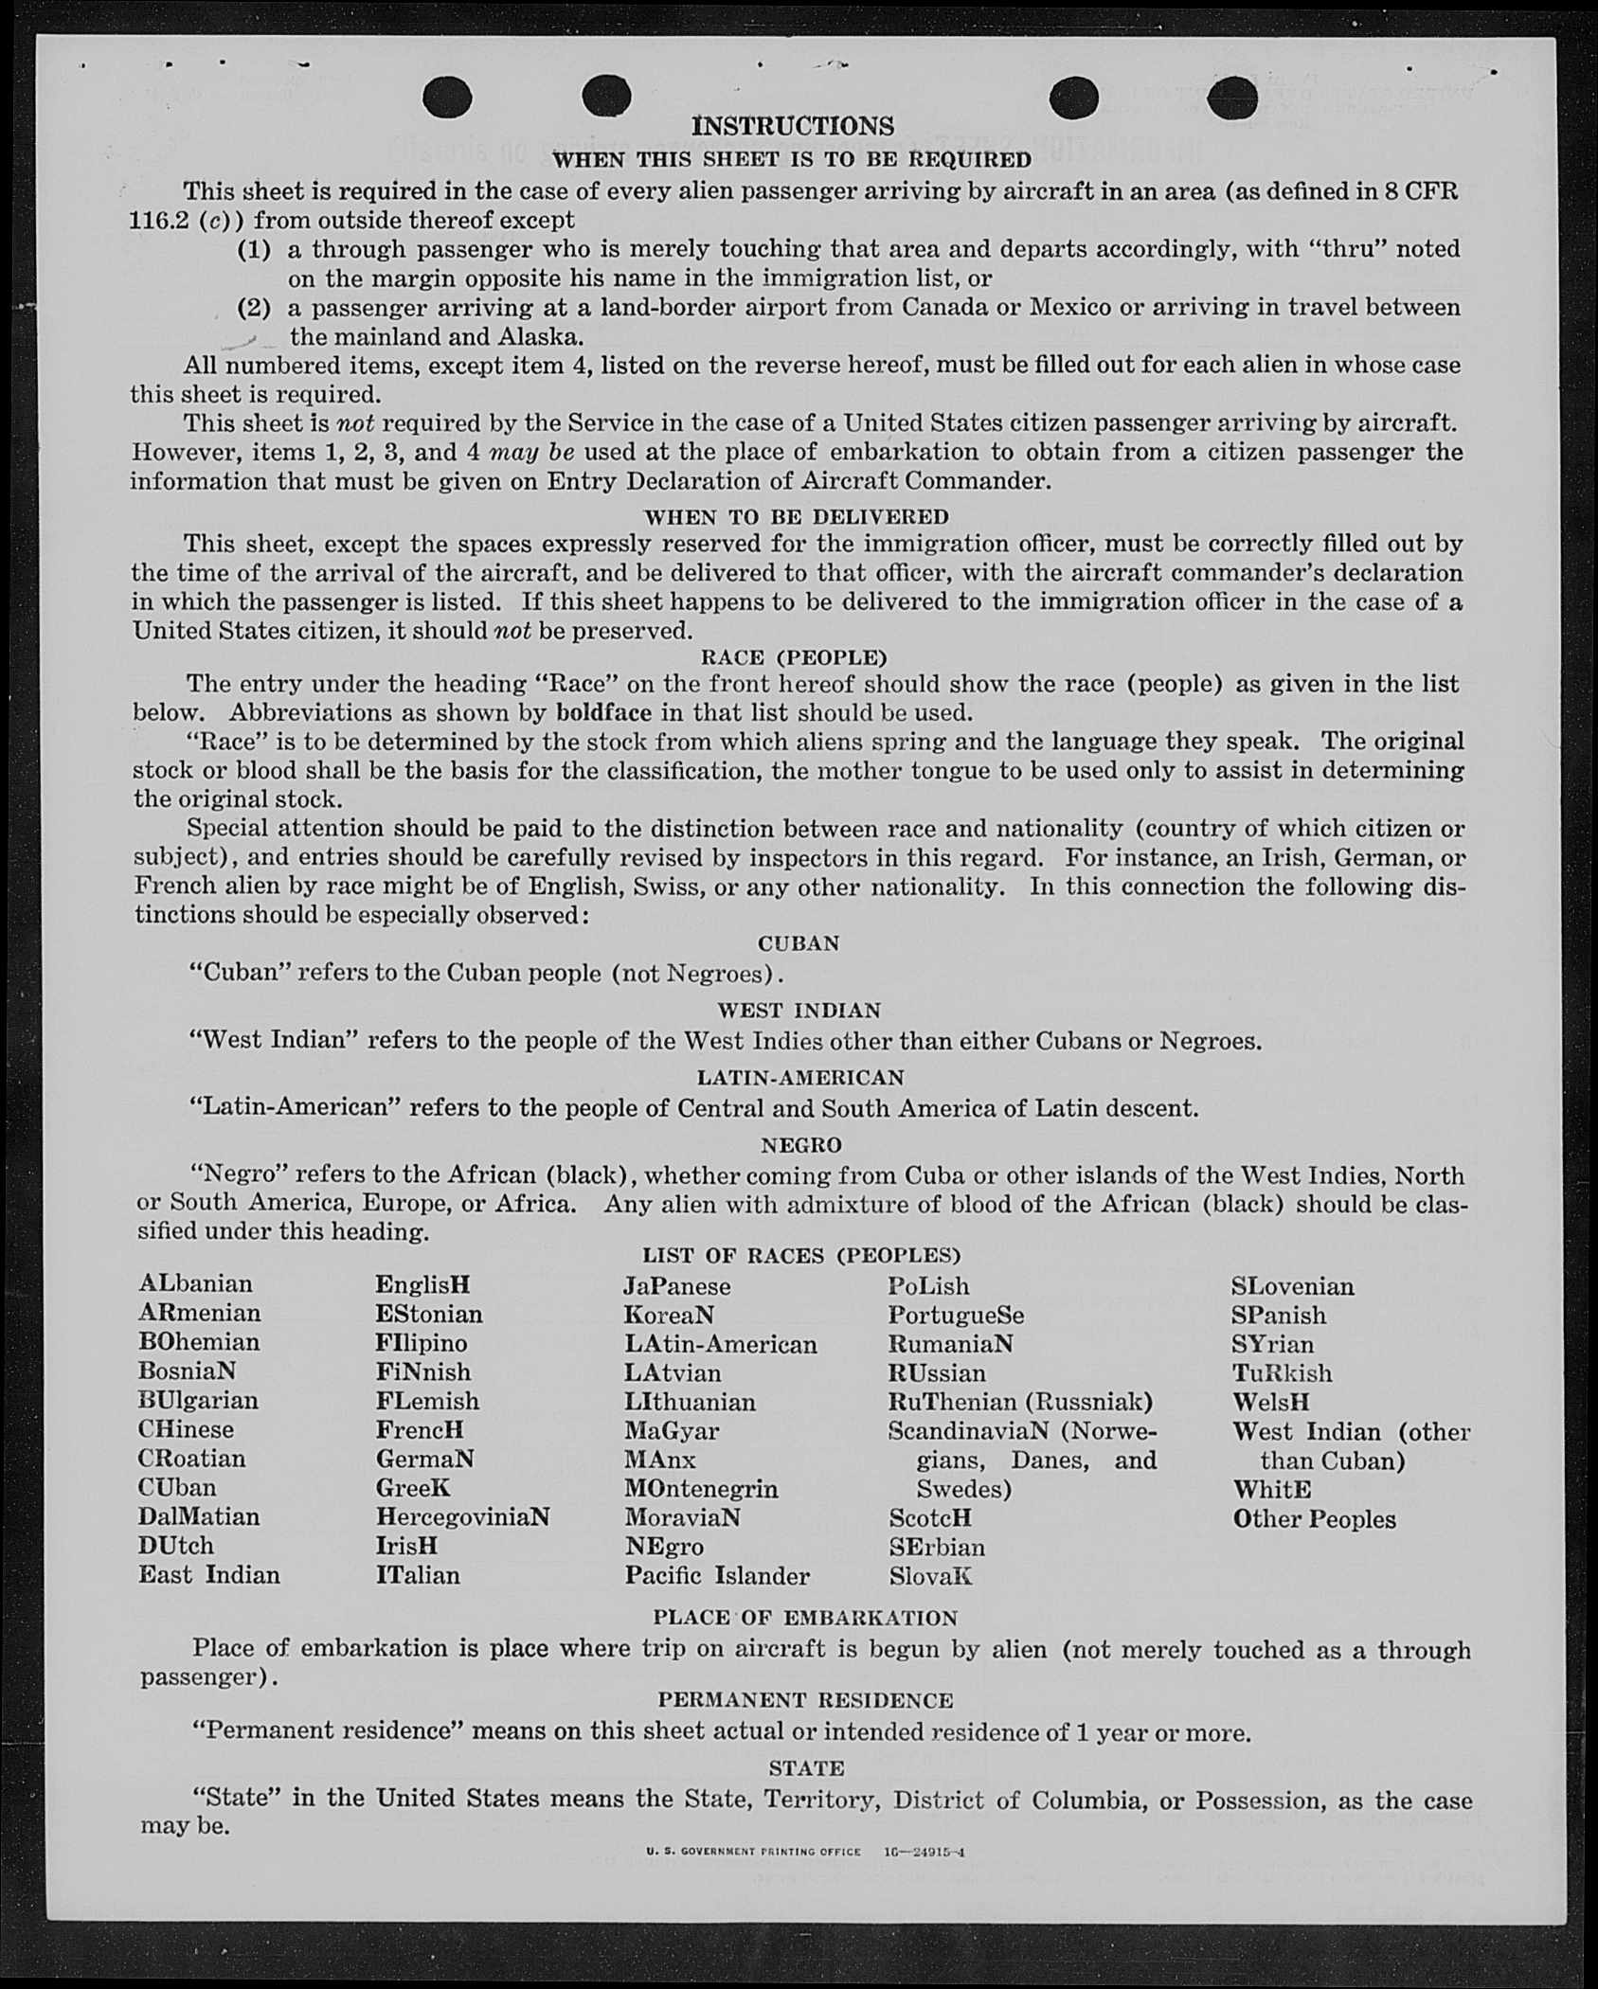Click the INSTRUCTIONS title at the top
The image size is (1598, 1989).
pyautogui.click(x=793, y=126)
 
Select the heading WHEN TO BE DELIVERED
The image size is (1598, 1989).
pyautogui.click(x=796, y=517)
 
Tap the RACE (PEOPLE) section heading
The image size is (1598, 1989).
pyautogui.click(x=794, y=657)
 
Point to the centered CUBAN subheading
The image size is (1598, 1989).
pyautogui.click(x=799, y=943)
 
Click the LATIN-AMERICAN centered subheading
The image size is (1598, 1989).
pyautogui.click(x=800, y=1078)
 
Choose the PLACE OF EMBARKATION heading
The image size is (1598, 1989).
pyautogui.click(x=805, y=1618)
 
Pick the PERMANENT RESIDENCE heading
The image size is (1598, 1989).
pyautogui.click(x=805, y=1700)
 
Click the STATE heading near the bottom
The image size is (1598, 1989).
pyautogui.click(x=807, y=1768)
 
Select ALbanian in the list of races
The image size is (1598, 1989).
pyautogui.click(x=196, y=1284)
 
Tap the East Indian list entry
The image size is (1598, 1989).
pyautogui.click(x=209, y=1575)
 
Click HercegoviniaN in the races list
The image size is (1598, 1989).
pyautogui.click(x=462, y=1516)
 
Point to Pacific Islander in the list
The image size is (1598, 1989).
pyautogui.click(x=717, y=1576)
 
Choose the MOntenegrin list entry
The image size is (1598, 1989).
pyautogui.click(x=701, y=1489)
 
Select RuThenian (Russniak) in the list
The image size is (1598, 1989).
pyautogui.click(x=1020, y=1402)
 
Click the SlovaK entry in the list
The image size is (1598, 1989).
pyautogui.click(x=930, y=1576)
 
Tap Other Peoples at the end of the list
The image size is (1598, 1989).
pyautogui.click(x=1314, y=1519)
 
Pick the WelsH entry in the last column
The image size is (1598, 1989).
pyautogui.click(x=1271, y=1402)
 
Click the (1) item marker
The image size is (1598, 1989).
pyautogui.click(x=254, y=250)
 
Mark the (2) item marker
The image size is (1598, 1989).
pyautogui.click(x=254, y=308)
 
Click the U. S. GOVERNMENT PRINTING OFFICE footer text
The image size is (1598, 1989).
pyautogui.click(x=754, y=1852)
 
